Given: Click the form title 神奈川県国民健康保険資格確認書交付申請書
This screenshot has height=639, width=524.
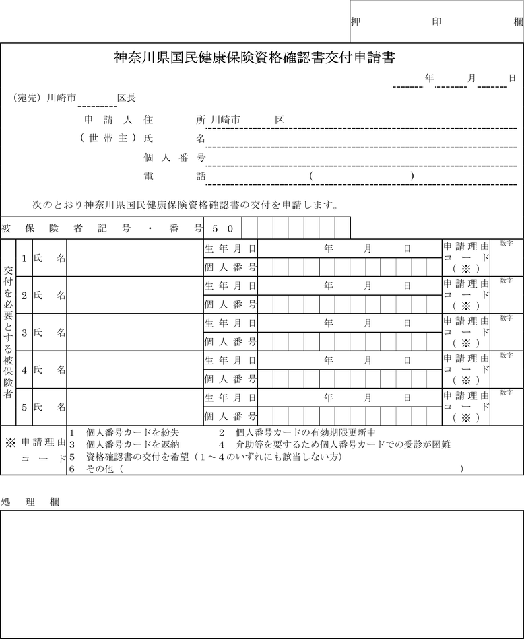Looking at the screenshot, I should [254, 58].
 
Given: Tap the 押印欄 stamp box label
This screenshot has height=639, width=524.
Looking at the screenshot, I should [436, 21].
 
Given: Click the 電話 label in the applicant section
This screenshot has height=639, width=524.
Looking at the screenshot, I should [175, 176].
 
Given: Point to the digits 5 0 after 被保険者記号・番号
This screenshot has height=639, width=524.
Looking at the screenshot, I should [223, 229].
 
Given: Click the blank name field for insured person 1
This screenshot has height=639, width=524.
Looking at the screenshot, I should [135, 258].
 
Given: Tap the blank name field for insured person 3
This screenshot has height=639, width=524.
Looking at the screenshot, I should [135, 333].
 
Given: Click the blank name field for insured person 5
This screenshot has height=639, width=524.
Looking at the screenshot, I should [135, 407].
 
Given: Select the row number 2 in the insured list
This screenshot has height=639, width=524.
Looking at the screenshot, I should [24, 296].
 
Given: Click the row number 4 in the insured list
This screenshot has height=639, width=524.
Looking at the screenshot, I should [24, 370].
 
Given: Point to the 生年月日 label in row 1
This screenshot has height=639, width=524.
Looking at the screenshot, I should [230, 248].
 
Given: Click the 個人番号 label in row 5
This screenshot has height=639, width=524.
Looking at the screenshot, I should [230, 417].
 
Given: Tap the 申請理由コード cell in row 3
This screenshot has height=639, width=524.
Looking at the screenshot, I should [466, 332].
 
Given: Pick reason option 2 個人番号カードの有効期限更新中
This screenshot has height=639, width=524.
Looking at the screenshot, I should [296, 433].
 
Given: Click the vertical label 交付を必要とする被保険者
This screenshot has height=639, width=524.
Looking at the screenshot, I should [8, 332].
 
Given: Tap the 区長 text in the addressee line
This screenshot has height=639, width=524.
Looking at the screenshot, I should [127, 98].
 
